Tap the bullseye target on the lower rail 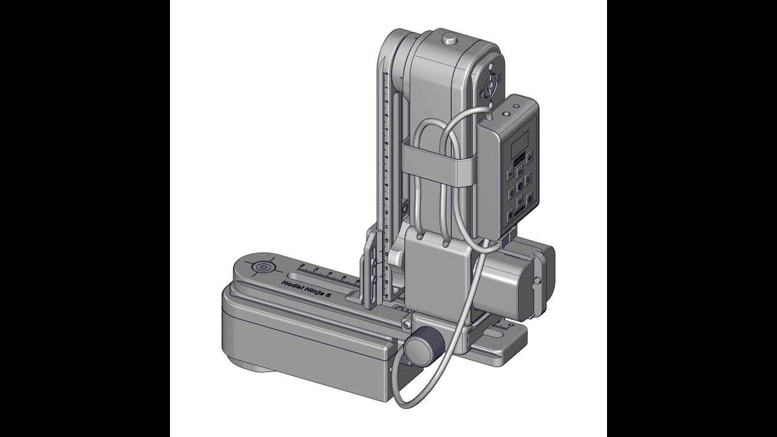point(263,267)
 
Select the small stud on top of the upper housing point(449,39)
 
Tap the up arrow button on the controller point(520,172)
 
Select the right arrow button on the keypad point(528,178)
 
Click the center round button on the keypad point(520,186)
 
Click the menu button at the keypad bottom point(509,215)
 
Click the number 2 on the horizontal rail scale point(300,266)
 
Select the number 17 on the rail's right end point(510,325)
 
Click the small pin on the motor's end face point(537,281)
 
